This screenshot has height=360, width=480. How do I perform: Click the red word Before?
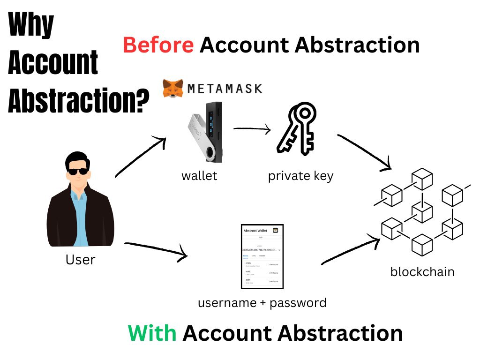(158, 45)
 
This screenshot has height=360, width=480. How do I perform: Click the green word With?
(152, 333)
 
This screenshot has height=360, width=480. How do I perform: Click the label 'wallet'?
(199, 176)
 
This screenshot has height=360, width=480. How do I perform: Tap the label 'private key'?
(300, 176)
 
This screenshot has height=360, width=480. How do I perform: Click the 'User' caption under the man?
(81, 259)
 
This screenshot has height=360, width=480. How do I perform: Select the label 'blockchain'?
(422, 271)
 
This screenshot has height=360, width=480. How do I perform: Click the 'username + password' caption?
(262, 303)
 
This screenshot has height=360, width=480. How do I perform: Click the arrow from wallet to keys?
(252, 128)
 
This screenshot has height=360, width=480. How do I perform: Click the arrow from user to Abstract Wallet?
(157, 250)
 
